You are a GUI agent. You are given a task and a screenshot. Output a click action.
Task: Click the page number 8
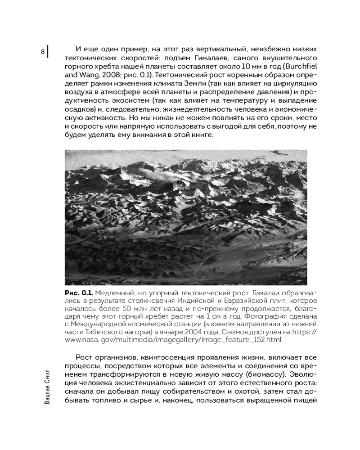coord(43,52)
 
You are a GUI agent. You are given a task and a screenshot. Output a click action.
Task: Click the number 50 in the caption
coord(128,308)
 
